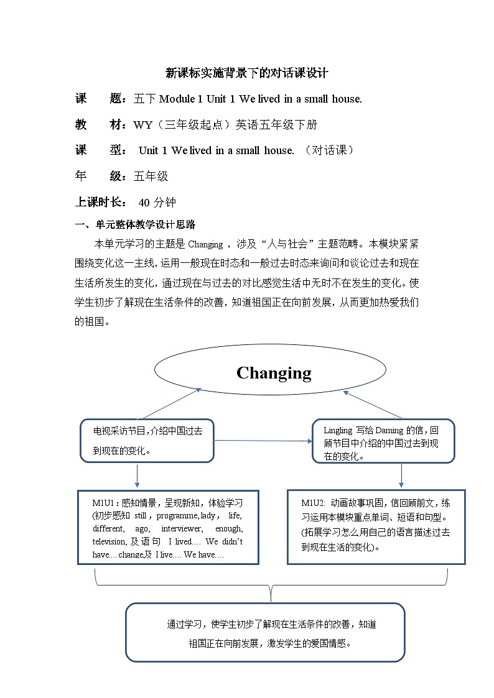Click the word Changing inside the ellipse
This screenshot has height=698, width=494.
click(274, 373)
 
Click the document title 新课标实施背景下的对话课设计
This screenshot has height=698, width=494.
click(247, 73)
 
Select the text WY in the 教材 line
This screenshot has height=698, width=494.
click(143, 124)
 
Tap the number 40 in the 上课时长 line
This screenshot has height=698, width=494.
click(144, 202)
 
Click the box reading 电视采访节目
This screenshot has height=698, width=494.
click(147, 441)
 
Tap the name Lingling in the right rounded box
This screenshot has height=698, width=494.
click(338, 430)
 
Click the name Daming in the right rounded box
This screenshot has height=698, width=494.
click(389, 430)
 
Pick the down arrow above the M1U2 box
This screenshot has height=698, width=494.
click(401, 475)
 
